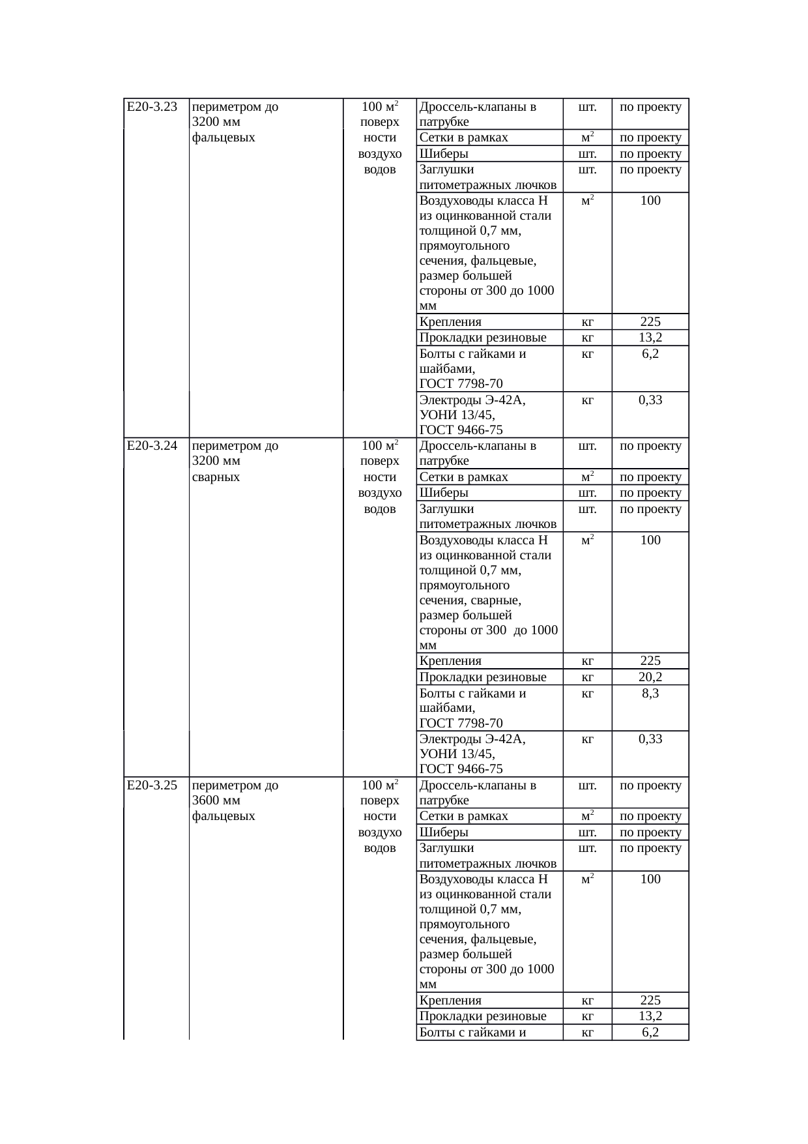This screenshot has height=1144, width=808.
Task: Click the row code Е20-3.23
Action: click(152, 107)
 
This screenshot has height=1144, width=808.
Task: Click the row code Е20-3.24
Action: click(152, 446)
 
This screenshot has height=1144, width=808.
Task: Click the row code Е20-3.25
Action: click(152, 785)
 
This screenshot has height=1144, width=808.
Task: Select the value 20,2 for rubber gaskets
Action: click(650, 677)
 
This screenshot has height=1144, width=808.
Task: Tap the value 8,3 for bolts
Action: click(650, 693)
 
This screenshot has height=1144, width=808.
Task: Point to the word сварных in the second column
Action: click(216, 477)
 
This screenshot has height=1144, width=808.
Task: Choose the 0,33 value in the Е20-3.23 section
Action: click(650, 400)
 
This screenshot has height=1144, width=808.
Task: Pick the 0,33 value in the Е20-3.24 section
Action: click(650, 739)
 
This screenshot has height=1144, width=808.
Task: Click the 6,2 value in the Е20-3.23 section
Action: click(650, 354)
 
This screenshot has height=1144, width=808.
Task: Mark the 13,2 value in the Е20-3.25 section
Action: click(650, 1016)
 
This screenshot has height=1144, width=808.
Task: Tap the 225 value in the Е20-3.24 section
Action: click(650, 661)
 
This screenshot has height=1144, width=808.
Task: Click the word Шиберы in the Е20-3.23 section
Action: click(444, 154)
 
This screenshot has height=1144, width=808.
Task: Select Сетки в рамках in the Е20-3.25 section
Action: click(464, 816)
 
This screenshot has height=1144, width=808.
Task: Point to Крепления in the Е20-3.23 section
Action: click(451, 321)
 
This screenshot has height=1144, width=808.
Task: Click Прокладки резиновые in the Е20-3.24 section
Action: click(483, 677)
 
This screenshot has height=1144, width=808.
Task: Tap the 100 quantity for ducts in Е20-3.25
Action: click(650, 879)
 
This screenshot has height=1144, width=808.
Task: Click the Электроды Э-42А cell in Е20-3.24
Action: click(472, 739)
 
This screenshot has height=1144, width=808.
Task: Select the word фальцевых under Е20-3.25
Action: click(224, 816)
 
